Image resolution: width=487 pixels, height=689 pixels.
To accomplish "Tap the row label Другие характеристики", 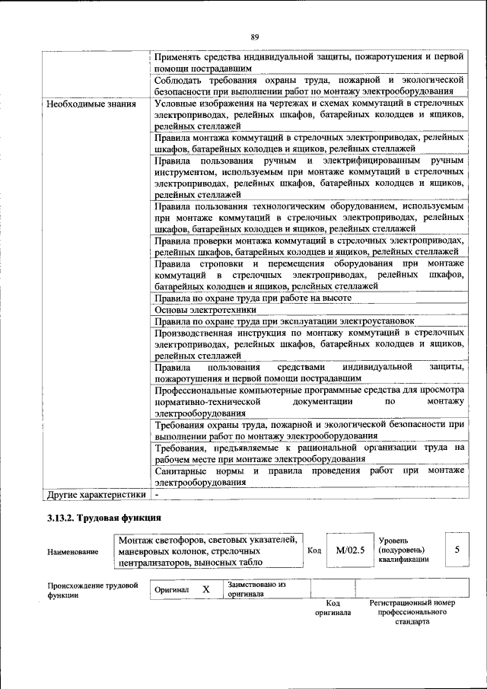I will click(95, 494).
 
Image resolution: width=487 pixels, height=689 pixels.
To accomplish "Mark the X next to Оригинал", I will click(205, 589).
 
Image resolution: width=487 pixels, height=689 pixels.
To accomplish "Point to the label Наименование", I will click(72, 551).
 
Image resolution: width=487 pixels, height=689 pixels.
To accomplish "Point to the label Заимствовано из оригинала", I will click(256, 589).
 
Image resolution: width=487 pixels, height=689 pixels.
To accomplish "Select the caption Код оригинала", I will click(333, 608).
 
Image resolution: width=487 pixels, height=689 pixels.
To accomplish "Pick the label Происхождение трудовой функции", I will click(92, 590).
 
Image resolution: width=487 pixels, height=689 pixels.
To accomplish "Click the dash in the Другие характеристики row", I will click(157, 494).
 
